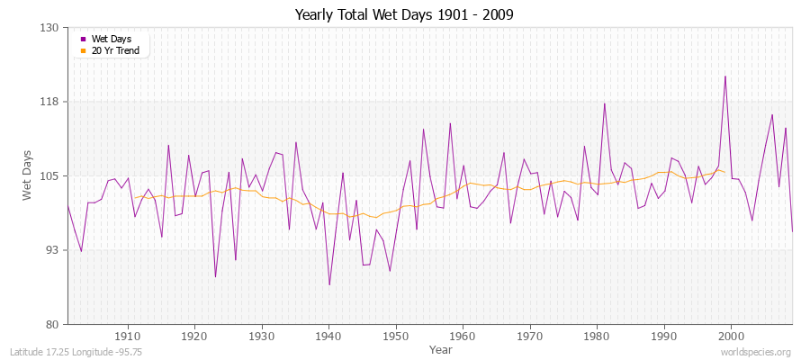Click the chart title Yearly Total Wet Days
[x=404, y=15]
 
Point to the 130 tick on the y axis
[x=50, y=28]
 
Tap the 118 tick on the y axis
[x=50, y=102]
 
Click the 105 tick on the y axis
[x=50, y=175]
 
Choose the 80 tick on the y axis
[x=52, y=324]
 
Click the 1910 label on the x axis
[x=128, y=337]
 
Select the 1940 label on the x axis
[x=328, y=337]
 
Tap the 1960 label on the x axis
[x=463, y=337]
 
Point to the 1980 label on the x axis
[x=597, y=337]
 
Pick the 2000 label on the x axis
[x=731, y=337]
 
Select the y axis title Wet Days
[x=27, y=175]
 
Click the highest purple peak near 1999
[x=724, y=76]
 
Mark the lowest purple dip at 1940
[x=329, y=284]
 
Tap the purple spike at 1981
[x=604, y=103]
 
